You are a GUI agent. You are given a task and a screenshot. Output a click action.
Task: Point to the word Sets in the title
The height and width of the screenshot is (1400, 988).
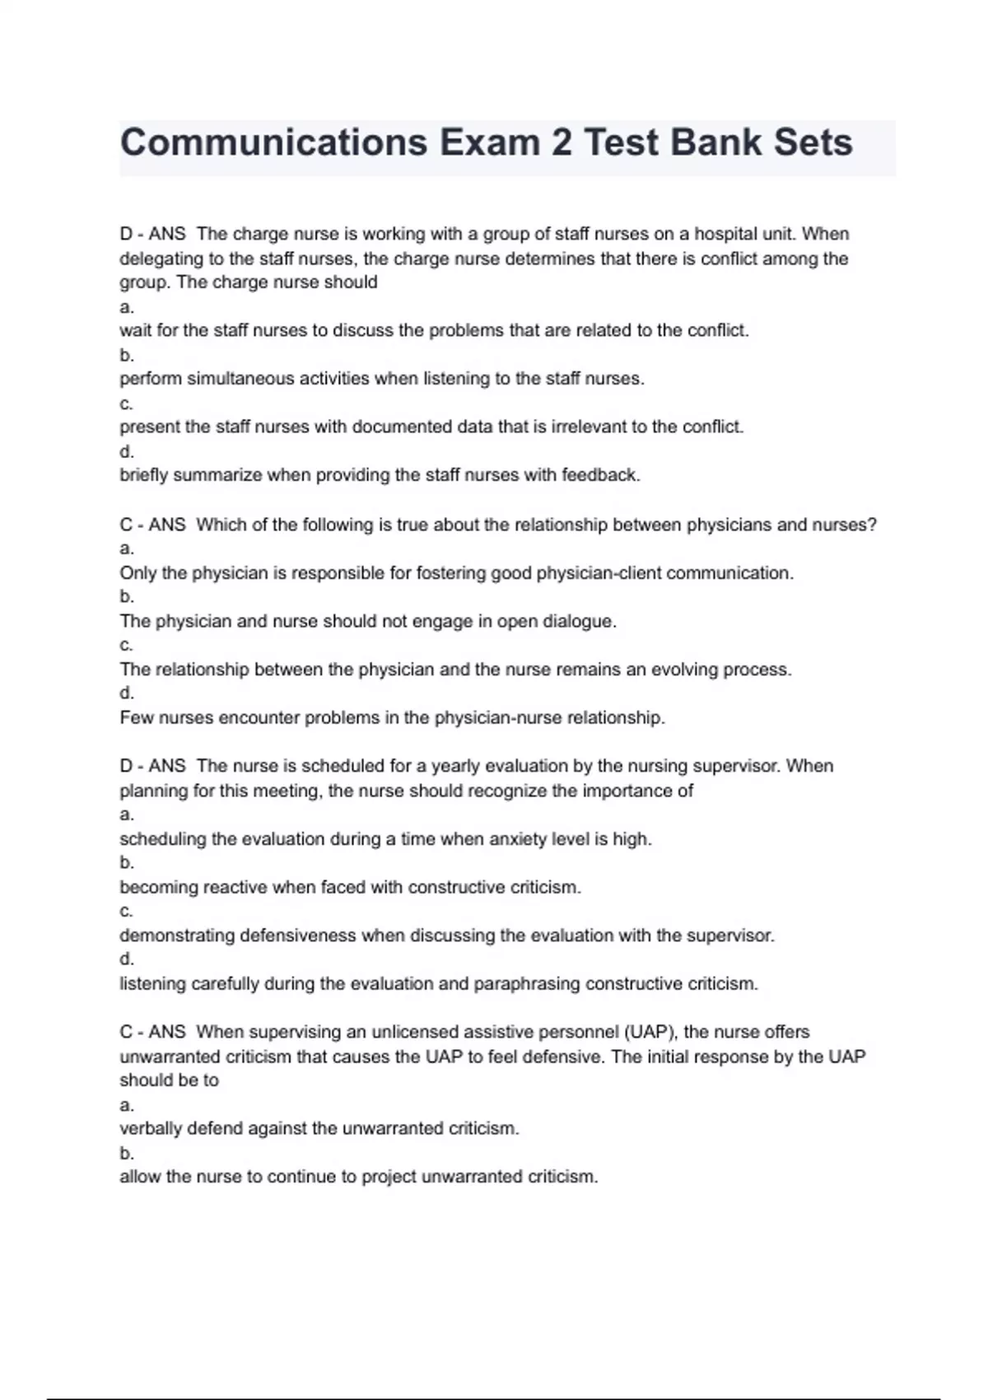click(x=813, y=142)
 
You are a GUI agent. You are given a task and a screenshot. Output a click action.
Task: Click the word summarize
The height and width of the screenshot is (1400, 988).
click(x=217, y=475)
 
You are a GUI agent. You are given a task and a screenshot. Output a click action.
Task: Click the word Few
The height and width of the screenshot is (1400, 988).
click(x=137, y=718)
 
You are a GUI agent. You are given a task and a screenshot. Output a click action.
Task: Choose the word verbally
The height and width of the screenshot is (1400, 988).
click(x=151, y=1129)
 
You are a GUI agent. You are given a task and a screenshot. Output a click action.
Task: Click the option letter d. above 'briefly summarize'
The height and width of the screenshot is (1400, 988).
click(x=127, y=452)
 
